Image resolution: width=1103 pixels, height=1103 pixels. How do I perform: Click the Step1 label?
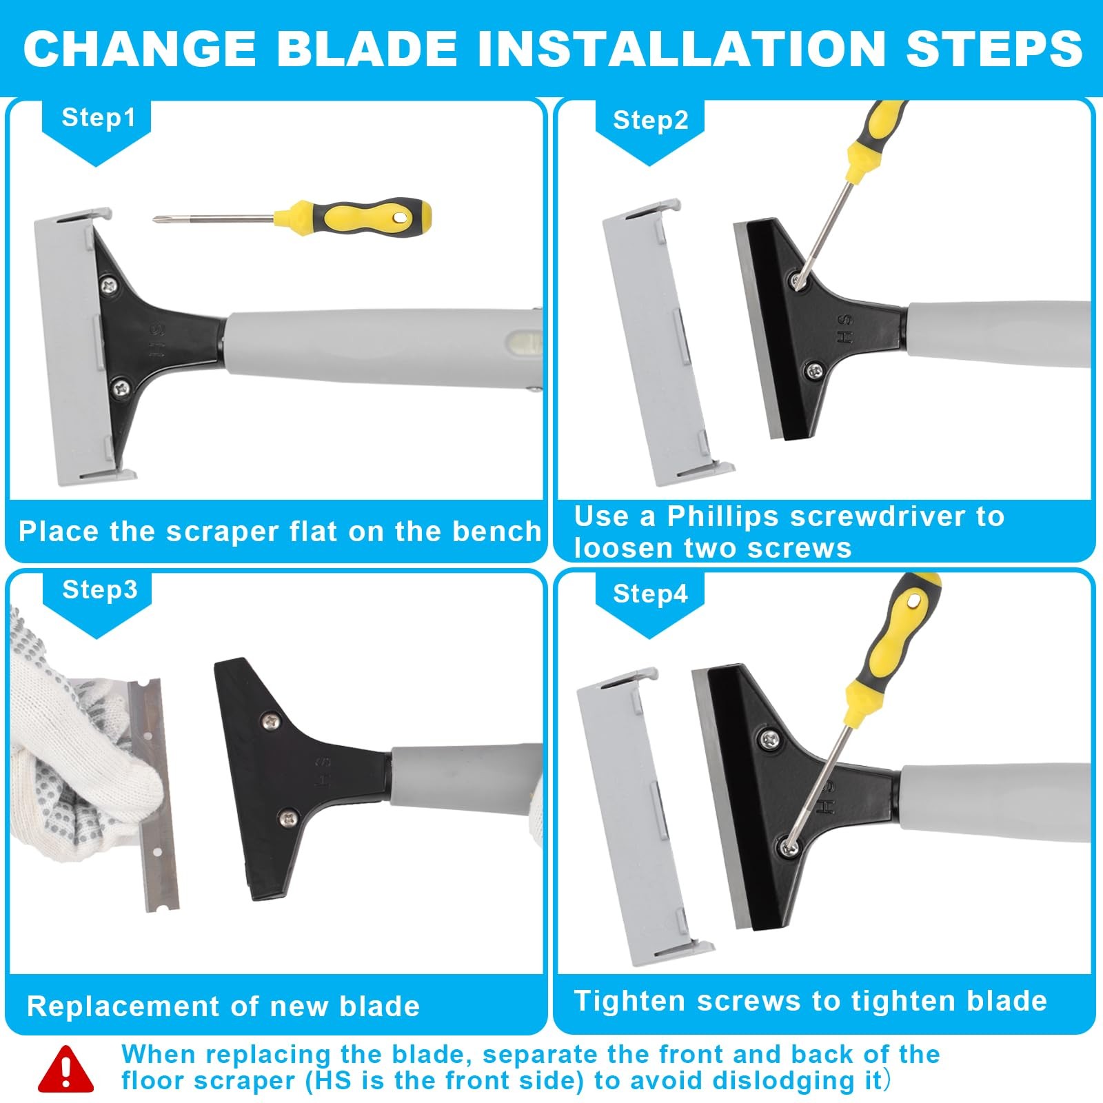[x=97, y=118]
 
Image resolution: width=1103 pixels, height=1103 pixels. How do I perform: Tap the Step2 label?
[x=650, y=121]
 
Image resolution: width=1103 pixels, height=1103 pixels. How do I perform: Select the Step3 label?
[x=99, y=590]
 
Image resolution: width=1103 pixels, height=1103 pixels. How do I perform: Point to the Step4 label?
[x=650, y=594]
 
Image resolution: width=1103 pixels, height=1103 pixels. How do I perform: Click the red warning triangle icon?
[x=66, y=1071]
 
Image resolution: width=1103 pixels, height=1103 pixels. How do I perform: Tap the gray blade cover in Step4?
[x=634, y=813]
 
